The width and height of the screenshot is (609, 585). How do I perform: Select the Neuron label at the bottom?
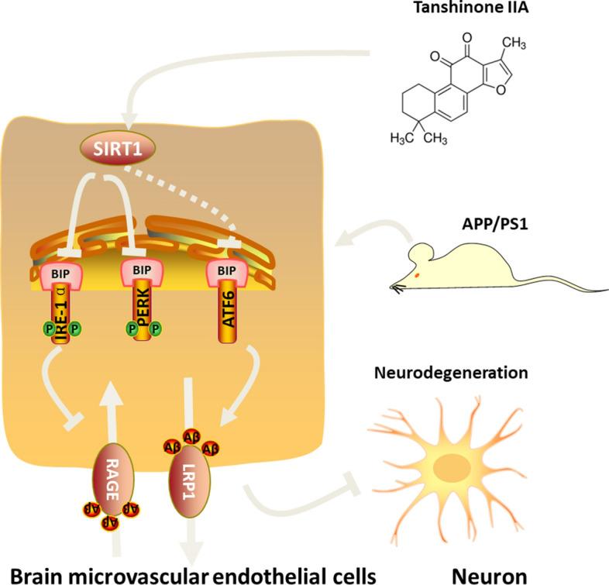pos(478,573)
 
